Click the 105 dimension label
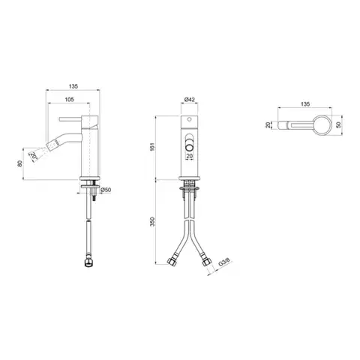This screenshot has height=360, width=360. (x=69, y=100)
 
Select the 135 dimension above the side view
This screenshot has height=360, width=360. (x=73, y=86)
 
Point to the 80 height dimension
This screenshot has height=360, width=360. (x=20, y=163)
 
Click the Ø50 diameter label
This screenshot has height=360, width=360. (x=106, y=190)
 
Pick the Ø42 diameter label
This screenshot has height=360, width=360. (x=190, y=100)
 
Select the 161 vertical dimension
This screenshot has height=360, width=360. (x=153, y=147)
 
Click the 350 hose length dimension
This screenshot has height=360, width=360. (x=153, y=221)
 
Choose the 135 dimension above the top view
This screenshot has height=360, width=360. (x=305, y=104)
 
